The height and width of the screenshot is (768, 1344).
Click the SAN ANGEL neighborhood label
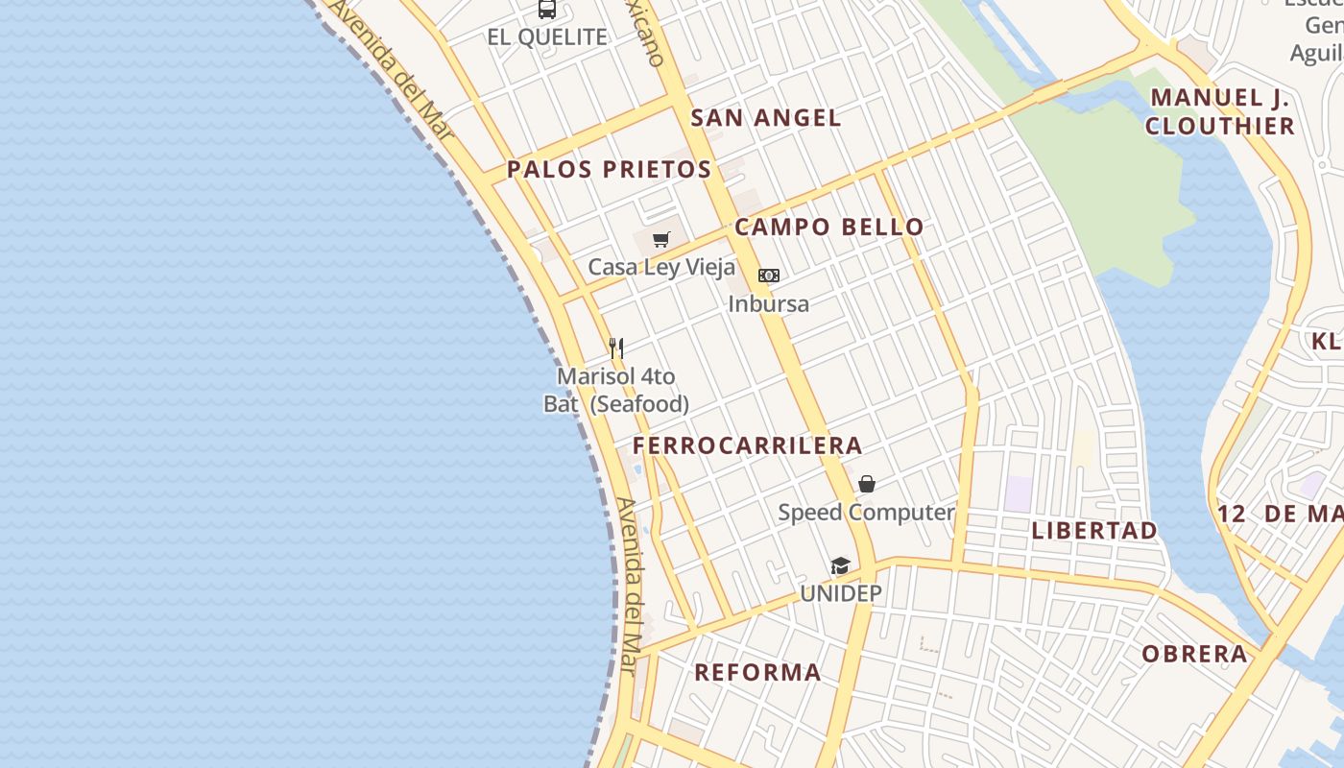click(765, 118)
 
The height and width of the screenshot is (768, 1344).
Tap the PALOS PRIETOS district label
click(609, 170)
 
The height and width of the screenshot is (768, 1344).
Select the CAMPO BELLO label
click(828, 228)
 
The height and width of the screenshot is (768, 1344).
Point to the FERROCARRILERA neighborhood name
click(747, 445)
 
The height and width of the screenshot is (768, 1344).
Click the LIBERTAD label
click(1094, 530)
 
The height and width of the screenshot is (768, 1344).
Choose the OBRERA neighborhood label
click(1194, 655)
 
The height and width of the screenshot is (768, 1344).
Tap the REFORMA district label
click(757, 672)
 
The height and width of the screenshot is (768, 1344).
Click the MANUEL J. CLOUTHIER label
click(1219, 111)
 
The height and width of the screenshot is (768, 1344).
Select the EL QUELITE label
click(547, 37)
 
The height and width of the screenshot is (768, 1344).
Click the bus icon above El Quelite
click(547, 10)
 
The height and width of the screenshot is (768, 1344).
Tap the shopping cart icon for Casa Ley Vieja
click(660, 239)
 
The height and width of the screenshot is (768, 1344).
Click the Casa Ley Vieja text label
click(661, 267)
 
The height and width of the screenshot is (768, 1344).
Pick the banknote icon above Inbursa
click(768, 276)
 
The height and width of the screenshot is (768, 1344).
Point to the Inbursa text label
click(768, 304)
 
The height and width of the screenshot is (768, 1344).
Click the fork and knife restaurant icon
click(616, 348)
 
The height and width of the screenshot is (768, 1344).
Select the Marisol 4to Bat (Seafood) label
click(616, 390)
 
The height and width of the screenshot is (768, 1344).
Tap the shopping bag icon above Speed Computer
click(866, 484)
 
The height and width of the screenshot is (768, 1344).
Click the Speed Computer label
click(866, 513)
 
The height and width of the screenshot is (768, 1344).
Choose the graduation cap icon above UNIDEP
click(840, 565)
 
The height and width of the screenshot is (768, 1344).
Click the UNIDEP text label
click(840, 593)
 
